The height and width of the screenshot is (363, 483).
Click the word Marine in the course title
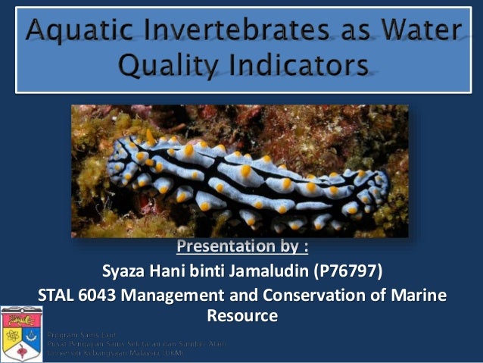tap(421, 295)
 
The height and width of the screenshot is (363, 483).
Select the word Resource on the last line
tap(241, 314)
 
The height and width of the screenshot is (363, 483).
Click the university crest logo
tap(22, 334)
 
